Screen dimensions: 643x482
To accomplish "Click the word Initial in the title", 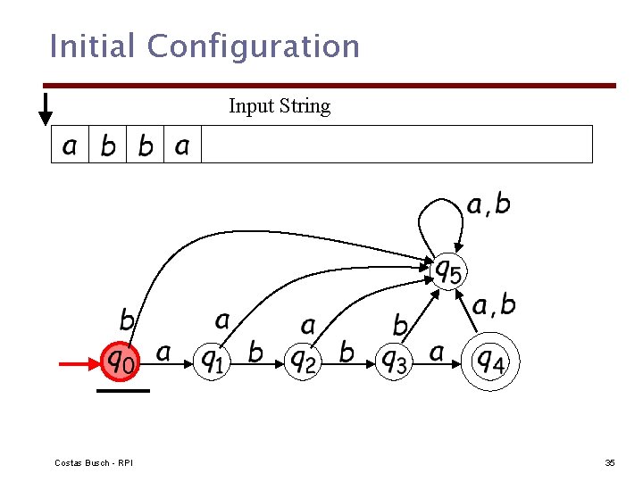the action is (x=93, y=46).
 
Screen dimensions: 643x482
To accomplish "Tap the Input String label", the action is (x=280, y=106).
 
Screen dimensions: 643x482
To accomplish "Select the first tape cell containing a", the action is (x=70, y=145).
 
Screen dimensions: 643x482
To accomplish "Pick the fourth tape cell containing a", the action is (x=182, y=145).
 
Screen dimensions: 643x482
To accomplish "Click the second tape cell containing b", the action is (x=145, y=145).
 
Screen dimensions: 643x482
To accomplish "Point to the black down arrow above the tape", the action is (x=45, y=108).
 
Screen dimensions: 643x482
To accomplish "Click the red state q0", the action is (x=121, y=361).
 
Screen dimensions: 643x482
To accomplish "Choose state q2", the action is (x=304, y=361).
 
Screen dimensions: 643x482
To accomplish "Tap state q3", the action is (x=393, y=361).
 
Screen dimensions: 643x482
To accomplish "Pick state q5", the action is (x=448, y=269).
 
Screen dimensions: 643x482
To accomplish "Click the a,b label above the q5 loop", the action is (x=489, y=205).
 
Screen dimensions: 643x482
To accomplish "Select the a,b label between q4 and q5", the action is (x=494, y=306).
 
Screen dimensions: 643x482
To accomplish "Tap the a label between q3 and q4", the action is (x=437, y=353).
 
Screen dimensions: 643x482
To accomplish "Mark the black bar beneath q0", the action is (x=122, y=391).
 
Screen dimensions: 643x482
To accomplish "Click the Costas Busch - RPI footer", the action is (x=94, y=462).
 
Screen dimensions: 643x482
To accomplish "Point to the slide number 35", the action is (x=610, y=462).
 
